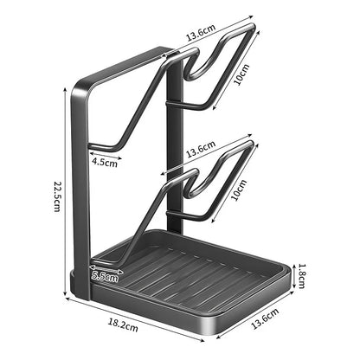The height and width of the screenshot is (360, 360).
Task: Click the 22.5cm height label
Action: click(x=57, y=196)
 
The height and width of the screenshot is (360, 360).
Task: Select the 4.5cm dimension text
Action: click(x=105, y=162)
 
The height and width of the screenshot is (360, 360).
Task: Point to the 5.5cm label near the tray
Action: click(x=105, y=277)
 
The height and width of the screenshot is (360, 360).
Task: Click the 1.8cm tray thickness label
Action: click(x=301, y=275)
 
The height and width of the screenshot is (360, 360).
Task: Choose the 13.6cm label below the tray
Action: click(x=266, y=318)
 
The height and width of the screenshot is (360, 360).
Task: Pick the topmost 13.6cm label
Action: click(x=201, y=33)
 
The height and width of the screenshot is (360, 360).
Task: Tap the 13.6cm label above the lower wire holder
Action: click(x=201, y=150)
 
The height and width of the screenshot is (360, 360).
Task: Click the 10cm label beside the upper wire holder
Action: click(x=241, y=74)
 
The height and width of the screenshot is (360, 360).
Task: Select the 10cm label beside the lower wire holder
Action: click(x=239, y=190)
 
